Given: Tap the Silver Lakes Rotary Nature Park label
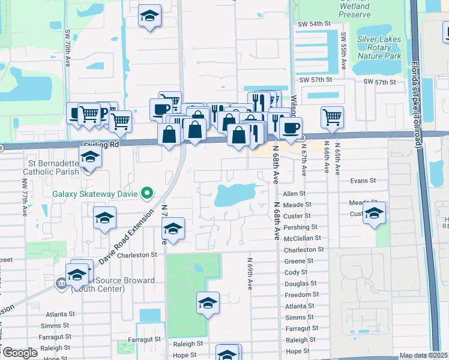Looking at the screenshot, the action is [379, 47].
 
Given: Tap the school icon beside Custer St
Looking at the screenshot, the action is [374, 213].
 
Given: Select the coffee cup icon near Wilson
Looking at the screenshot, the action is [291, 128].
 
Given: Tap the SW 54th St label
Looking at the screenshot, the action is [315, 23].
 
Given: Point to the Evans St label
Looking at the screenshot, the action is [363, 179].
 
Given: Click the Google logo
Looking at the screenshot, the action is [20, 352].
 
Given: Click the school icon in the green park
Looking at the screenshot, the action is [208, 304].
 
